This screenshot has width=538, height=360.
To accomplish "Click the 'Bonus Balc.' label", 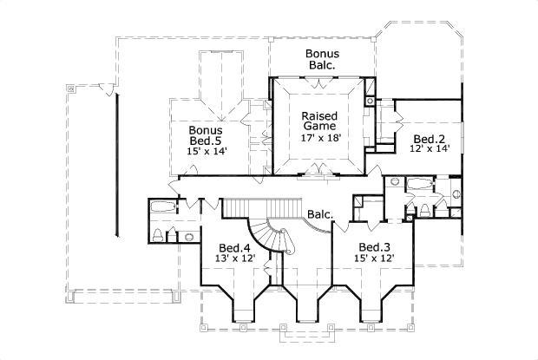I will (x=320, y=59).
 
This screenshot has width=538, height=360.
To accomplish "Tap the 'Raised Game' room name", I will (x=318, y=121).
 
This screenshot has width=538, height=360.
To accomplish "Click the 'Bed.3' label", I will (x=374, y=246).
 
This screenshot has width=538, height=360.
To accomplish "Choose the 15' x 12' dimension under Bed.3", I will (x=374, y=258).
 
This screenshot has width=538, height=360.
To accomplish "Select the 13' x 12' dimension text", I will (x=233, y=258).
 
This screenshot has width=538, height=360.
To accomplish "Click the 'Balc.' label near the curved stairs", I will (x=318, y=214).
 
